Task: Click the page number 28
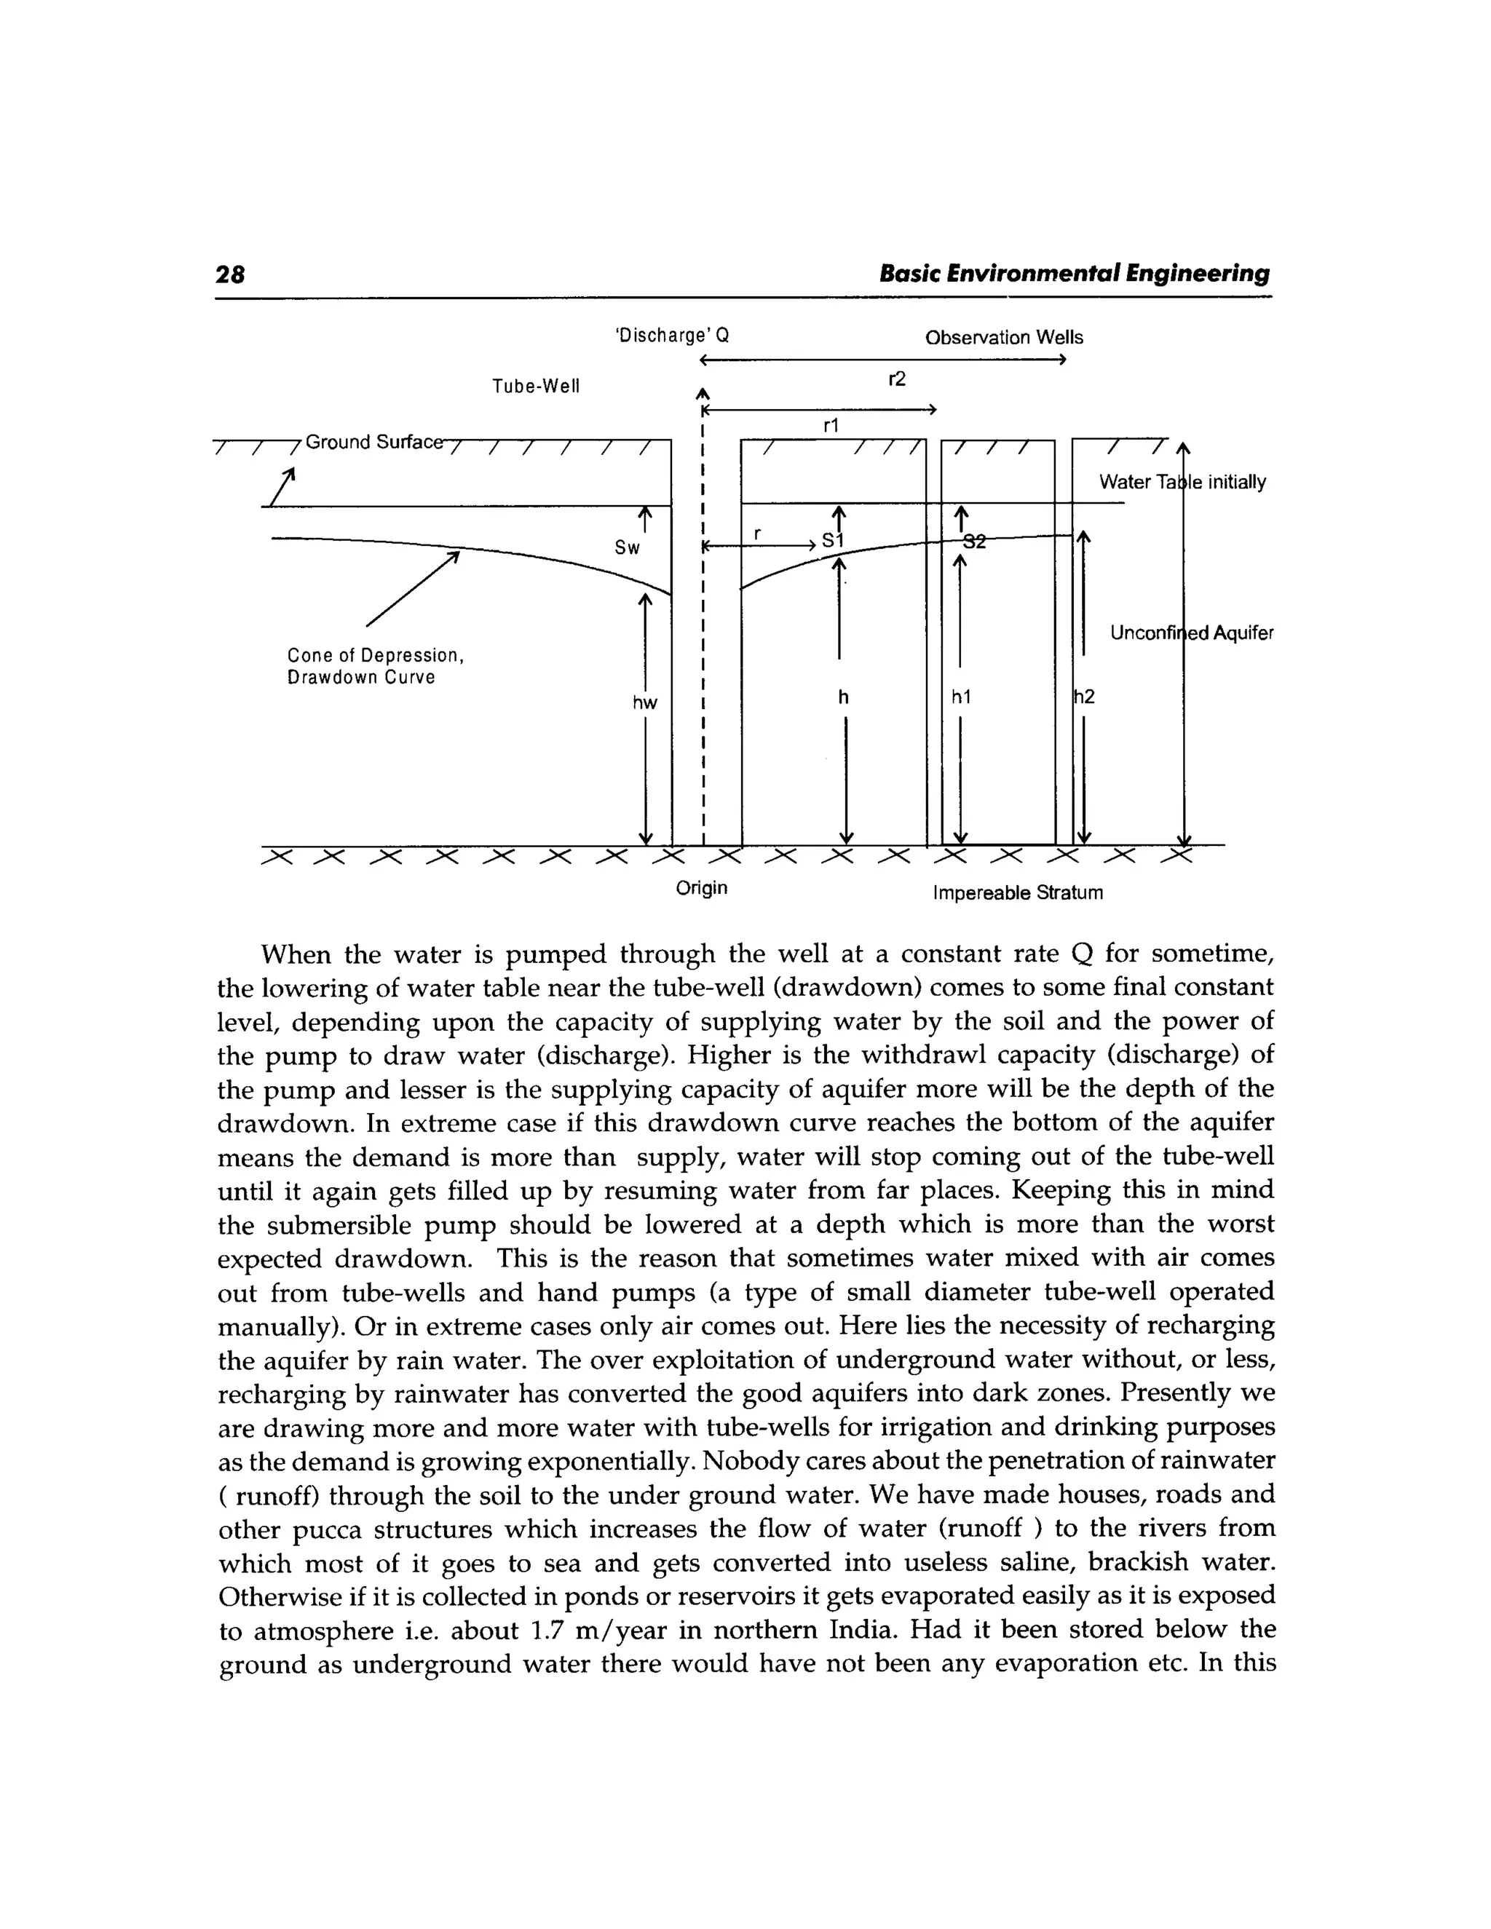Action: tap(231, 274)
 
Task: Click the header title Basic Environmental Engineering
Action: tap(1074, 274)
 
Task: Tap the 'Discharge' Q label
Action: tap(671, 336)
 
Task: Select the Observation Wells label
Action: tap(1003, 338)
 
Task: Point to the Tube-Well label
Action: tap(535, 386)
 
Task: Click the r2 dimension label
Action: tap(896, 380)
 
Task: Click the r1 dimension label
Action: tap(830, 426)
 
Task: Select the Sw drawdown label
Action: tap(627, 547)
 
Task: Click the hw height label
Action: tap(645, 703)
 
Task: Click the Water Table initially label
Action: tap(1182, 482)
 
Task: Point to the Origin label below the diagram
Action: tap(701, 887)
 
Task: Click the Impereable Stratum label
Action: tap(1018, 893)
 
